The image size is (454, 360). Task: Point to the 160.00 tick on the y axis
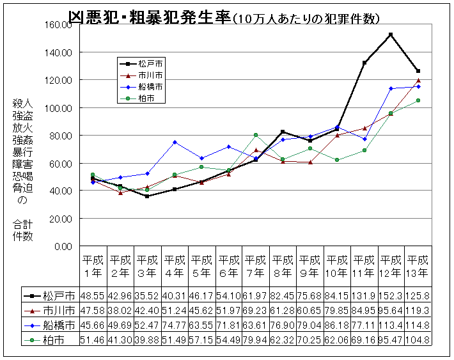58,25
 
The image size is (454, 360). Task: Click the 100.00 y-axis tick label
58,108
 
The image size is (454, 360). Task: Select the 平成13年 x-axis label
418,266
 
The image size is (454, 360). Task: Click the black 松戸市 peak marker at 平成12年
391,35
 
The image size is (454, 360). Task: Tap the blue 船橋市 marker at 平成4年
174,142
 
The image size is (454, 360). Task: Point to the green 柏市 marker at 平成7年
256,135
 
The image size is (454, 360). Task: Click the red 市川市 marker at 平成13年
418,81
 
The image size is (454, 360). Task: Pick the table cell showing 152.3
391,296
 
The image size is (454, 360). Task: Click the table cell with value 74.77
174,324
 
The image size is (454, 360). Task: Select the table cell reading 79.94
256,338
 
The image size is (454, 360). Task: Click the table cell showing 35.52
147,296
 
